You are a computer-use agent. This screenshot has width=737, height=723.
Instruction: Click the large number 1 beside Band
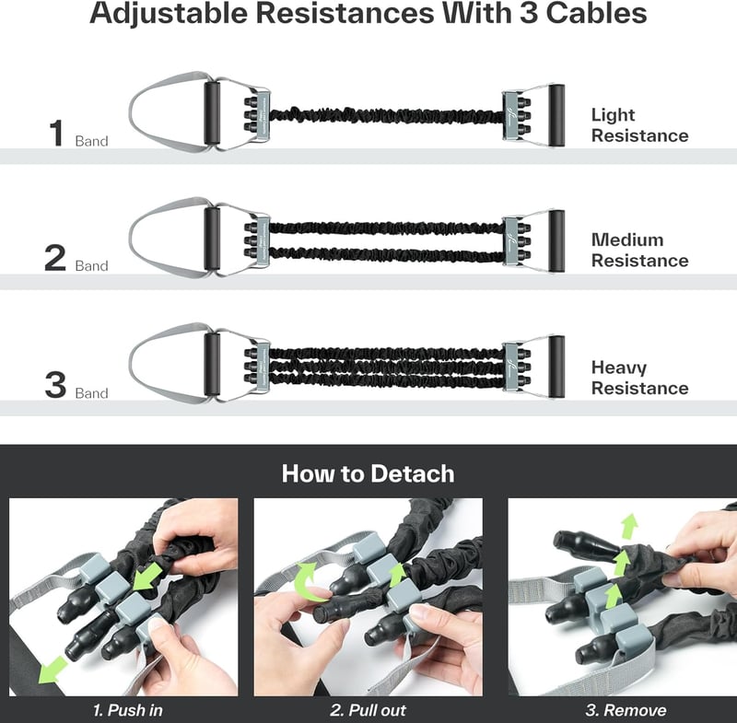click(56, 133)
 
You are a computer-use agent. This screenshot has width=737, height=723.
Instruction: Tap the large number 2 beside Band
click(55, 258)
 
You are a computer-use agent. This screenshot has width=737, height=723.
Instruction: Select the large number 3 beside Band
click(55, 385)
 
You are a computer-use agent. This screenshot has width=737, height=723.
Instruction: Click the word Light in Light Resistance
click(613, 115)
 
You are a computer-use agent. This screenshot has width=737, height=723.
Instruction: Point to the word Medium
click(627, 240)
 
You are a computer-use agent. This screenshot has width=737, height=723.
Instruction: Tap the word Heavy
click(619, 367)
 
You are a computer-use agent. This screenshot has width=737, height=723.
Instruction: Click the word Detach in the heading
click(412, 473)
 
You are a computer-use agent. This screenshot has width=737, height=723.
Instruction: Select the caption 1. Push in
click(128, 710)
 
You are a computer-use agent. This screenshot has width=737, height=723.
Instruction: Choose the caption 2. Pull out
click(368, 710)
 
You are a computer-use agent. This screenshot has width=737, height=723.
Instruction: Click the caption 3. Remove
click(626, 710)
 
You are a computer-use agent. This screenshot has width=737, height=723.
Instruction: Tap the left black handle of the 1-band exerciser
click(212, 113)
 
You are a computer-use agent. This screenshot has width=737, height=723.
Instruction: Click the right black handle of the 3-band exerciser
click(556, 367)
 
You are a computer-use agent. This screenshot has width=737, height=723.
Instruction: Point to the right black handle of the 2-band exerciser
click(556, 241)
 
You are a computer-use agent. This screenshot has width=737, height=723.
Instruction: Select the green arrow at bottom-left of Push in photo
click(53, 670)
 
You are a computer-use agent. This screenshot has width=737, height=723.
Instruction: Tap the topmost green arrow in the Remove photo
click(630, 525)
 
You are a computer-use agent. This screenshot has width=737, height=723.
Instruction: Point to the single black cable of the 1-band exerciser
click(386, 115)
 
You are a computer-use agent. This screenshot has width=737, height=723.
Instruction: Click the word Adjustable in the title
click(169, 13)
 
